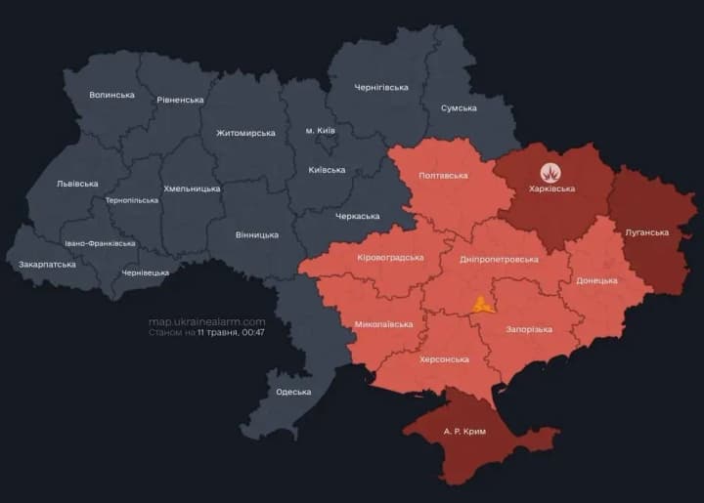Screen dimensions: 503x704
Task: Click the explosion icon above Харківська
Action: coord(551,172)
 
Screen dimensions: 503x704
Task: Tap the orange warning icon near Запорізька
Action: coord(480,304)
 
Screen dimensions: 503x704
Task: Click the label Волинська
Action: coord(111,95)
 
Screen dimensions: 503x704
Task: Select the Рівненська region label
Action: coord(180,100)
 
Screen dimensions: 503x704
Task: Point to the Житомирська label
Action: coord(245,133)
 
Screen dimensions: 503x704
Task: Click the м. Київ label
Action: coord(322,130)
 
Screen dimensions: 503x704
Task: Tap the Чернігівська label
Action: coord(380,88)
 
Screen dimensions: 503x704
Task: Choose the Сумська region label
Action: coord(459,108)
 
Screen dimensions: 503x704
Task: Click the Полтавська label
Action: coord(442,176)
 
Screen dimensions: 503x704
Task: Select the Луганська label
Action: coord(646,232)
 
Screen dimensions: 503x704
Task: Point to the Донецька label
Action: coord(596,280)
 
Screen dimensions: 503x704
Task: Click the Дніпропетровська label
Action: coord(499,259)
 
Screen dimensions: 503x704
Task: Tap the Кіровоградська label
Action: coord(390,257)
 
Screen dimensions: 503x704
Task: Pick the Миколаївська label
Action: coord(383,323)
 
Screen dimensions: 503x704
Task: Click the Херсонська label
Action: coord(444,359)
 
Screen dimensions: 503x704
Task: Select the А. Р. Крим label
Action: coord(463,431)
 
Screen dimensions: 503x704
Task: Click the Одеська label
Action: coord(292,392)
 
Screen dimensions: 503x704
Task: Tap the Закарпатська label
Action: coord(48,265)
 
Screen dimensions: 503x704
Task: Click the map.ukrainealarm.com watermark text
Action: coord(206,321)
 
